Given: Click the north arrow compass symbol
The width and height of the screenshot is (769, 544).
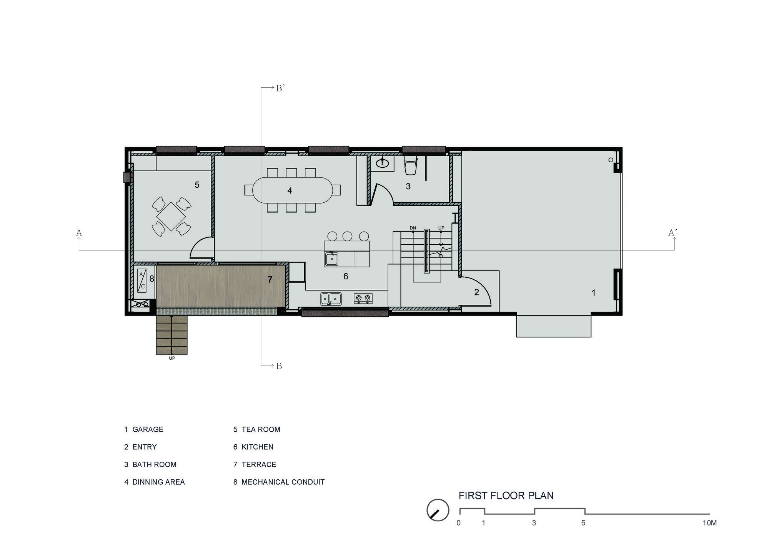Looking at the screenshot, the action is pos(438,510).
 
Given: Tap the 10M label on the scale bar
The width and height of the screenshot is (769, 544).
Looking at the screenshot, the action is pos(709,523).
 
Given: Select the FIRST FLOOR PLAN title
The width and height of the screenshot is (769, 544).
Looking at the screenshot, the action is pos(506,496).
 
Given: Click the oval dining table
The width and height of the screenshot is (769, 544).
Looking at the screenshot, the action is pos(293,190).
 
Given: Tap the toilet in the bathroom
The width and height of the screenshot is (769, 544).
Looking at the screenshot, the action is pos(411,165).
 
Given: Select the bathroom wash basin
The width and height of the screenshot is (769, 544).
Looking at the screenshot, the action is pos(382,163).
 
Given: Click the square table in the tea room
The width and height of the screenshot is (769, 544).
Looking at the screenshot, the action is pos(171,217).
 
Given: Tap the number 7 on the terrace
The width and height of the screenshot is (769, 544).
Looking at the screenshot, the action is pos(270,280).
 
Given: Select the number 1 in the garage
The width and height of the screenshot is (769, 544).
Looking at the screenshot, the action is pos(593,293).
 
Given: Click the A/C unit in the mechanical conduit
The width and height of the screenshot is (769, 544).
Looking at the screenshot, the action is pos(142,280).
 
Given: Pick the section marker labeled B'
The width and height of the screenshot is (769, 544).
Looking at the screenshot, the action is pos(280,88).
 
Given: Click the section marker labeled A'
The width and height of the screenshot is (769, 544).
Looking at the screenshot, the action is pos(672,232).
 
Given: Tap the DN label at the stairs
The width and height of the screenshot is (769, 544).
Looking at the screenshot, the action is pos(413,228).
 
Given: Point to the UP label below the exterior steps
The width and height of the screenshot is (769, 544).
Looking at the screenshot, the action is pos(172,358).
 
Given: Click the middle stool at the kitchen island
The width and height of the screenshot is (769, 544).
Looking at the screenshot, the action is pos(347,236).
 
